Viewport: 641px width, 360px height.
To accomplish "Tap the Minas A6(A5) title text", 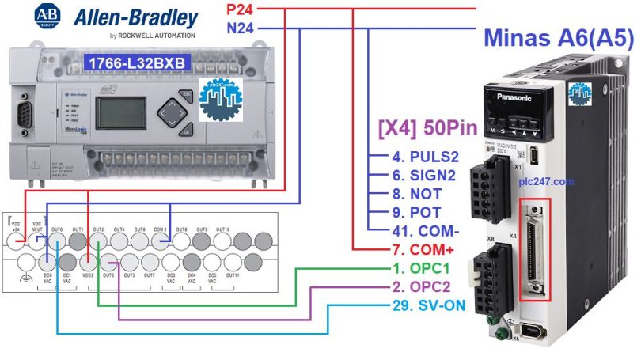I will (558, 38).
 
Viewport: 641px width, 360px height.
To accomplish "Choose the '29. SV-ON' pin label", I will (428, 305).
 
